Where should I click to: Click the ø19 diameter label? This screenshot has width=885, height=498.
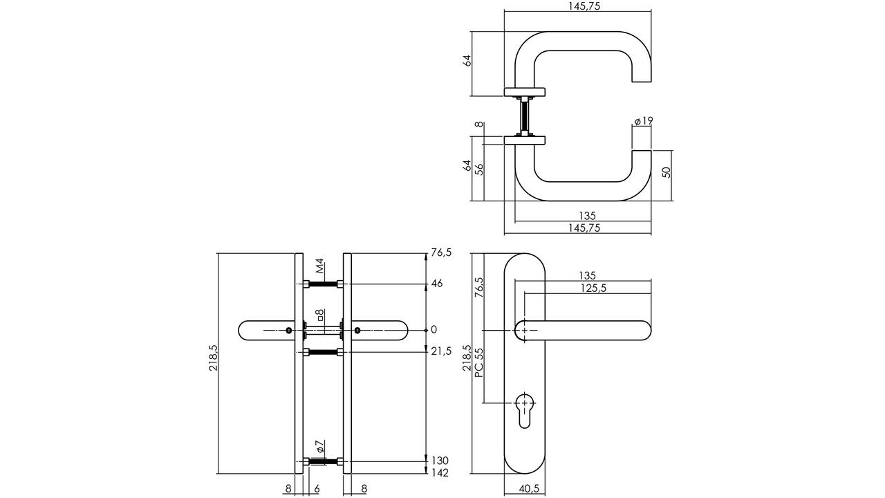pos(644,120)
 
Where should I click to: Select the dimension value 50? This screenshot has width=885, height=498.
pos(666,172)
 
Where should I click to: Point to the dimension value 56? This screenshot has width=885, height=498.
pos(479,169)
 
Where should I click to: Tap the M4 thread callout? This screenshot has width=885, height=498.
pos(319,266)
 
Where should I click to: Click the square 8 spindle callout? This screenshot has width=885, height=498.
pos(320,315)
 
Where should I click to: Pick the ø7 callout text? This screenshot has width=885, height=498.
pos(320,446)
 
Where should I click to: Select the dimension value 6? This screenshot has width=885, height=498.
pos(317,489)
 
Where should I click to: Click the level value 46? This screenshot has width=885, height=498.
pos(436,284)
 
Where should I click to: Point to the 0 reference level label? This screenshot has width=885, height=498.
pos(434,330)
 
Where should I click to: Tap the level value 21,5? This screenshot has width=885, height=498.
pos(441,351)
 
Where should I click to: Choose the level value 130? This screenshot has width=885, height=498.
pos(440,461)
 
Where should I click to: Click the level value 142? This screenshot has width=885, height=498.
pos(440,472)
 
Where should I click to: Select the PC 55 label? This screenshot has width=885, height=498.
pos(479,362)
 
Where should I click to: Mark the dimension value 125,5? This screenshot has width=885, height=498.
pos(593,288)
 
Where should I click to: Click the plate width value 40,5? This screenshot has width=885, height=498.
pos(529,489)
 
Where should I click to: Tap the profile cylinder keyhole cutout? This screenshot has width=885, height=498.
pos(524,416)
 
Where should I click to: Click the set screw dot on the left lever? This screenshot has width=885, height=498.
pos(289,331)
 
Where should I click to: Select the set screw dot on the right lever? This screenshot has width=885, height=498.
pos(357,331)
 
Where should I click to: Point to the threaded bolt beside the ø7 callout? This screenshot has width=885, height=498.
pos(323,461)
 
